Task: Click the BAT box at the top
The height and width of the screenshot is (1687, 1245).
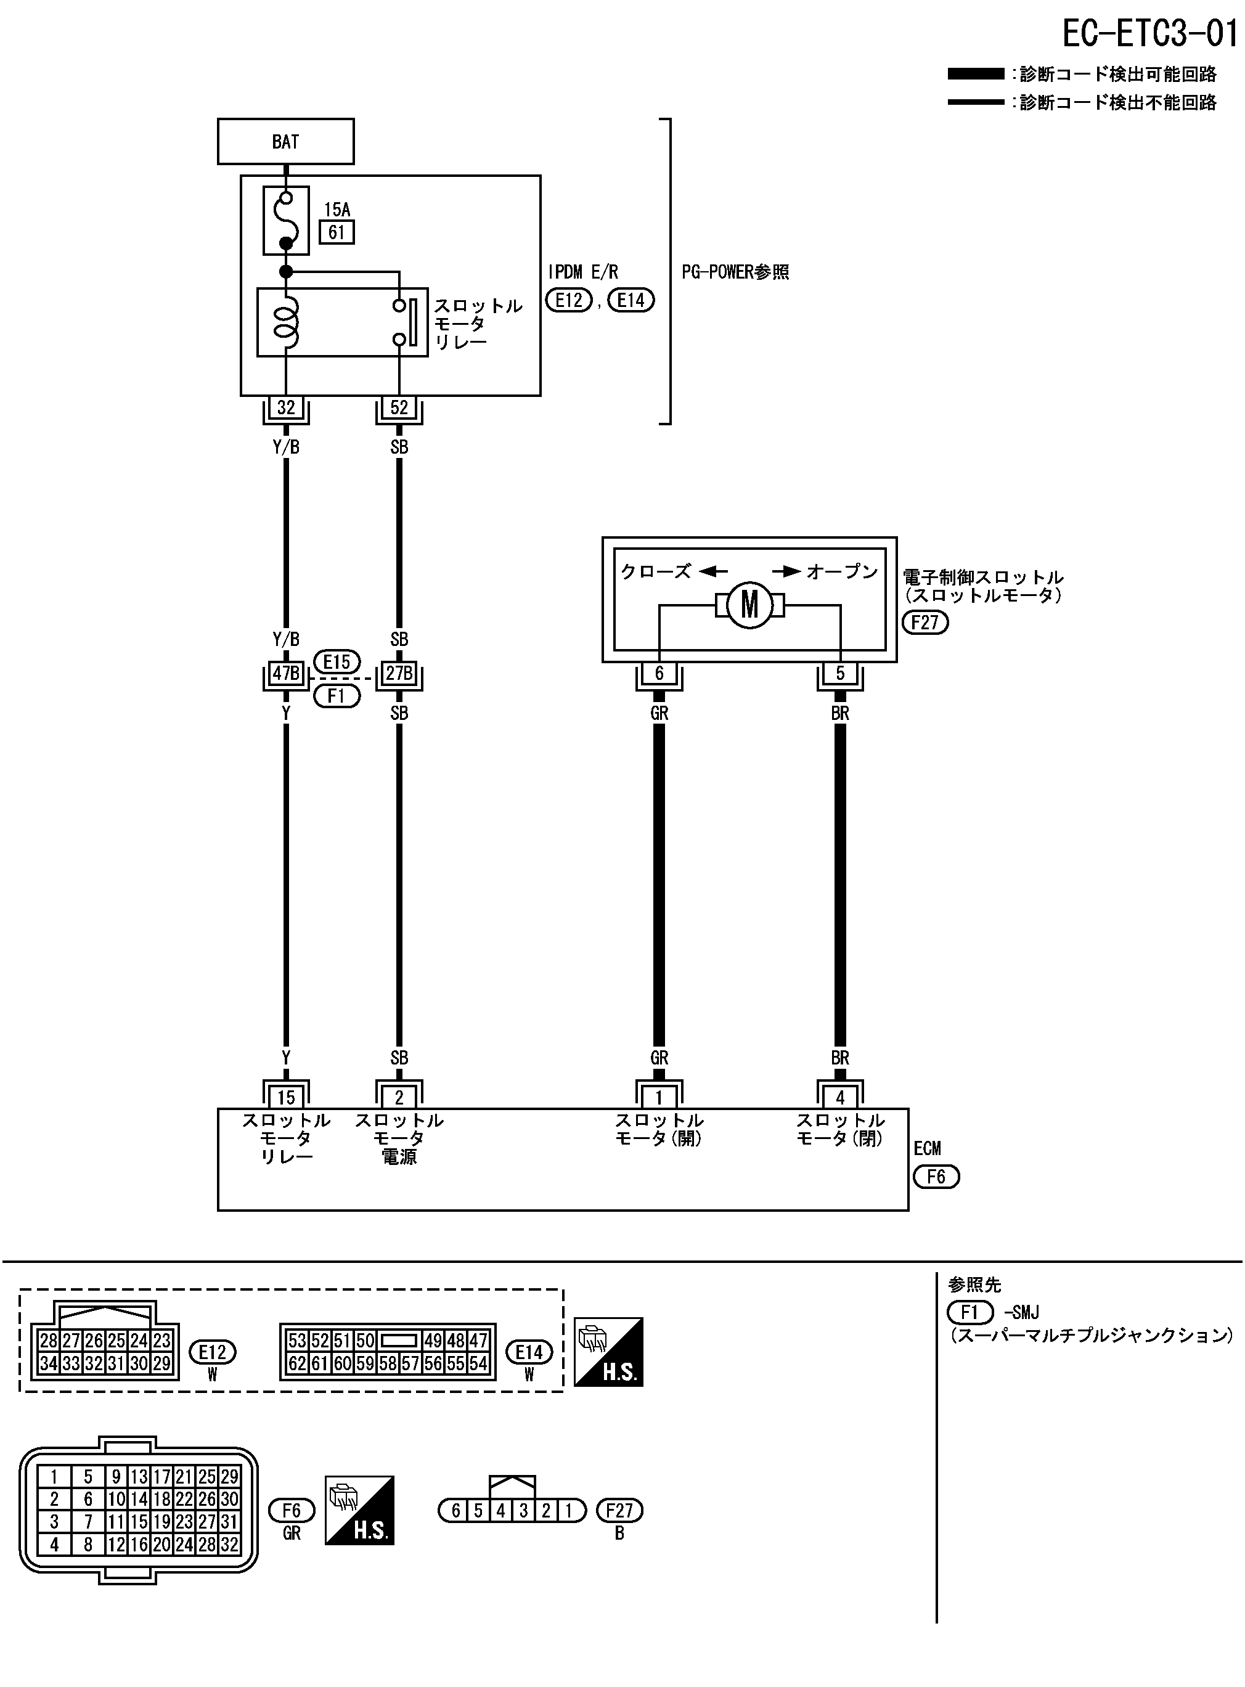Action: tap(285, 142)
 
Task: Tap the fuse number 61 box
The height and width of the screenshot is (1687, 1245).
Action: tap(337, 232)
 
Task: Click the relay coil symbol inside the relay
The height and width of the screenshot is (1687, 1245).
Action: tap(287, 322)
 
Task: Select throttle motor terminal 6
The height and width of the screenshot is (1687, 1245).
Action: tap(659, 673)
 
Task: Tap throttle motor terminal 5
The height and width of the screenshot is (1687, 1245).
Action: tap(840, 673)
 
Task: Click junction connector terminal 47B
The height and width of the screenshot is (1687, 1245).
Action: tap(285, 673)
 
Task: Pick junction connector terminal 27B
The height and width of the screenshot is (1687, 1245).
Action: tap(399, 673)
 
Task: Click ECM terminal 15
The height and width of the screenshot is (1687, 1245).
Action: tap(285, 1098)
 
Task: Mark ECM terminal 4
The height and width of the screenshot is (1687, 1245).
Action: tap(840, 1098)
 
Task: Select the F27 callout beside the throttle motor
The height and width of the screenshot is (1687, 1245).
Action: tap(925, 623)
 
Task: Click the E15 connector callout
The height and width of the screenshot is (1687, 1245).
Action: tap(337, 661)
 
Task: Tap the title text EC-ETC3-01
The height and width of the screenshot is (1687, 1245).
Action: tap(1150, 33)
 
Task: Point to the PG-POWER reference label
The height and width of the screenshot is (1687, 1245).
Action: tap(735, 272)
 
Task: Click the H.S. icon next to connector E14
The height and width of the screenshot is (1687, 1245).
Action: tap(608, 1352)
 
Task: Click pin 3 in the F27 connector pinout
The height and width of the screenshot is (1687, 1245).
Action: tap(523, 1511)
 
